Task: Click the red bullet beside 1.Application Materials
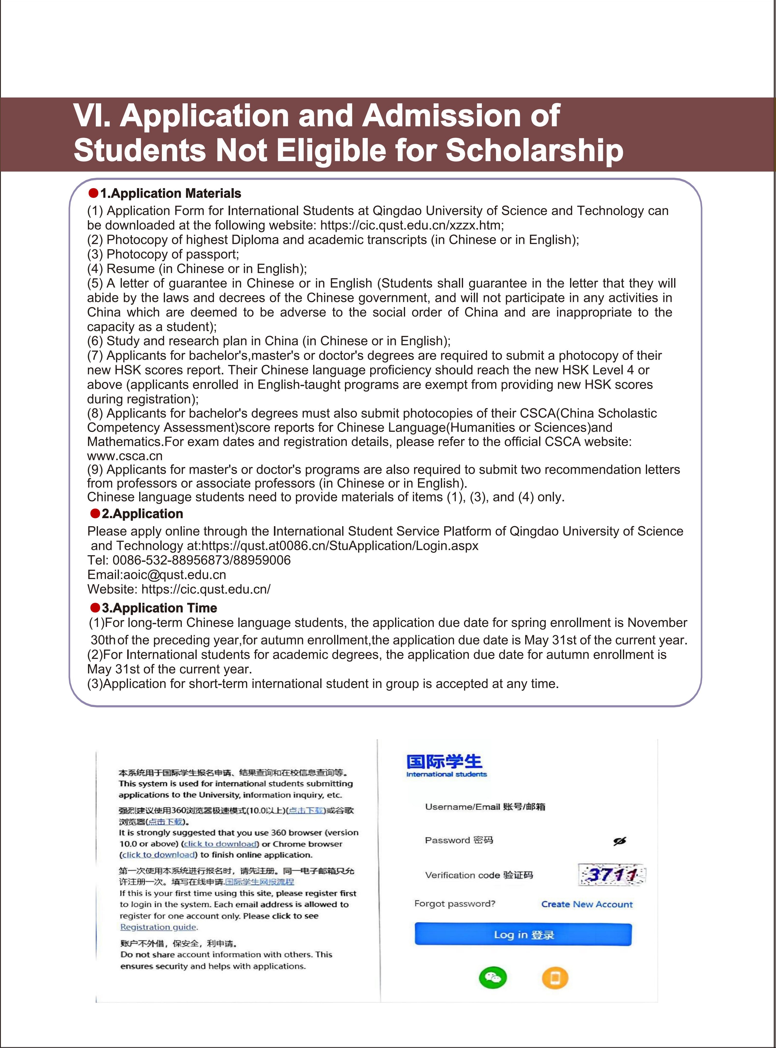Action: click(94, 193)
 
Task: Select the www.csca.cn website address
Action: click(125, 456)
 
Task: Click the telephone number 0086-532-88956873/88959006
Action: click(202, 560)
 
